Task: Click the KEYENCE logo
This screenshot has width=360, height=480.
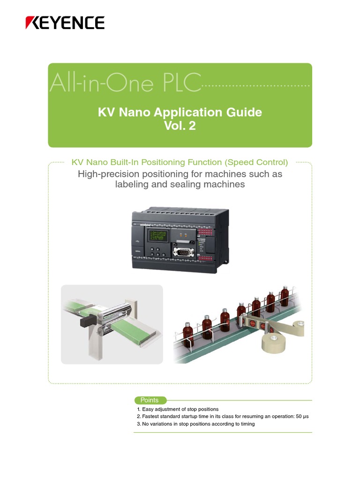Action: (x=65, y=22)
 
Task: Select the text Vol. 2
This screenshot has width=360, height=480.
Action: (x=180, y=126)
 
